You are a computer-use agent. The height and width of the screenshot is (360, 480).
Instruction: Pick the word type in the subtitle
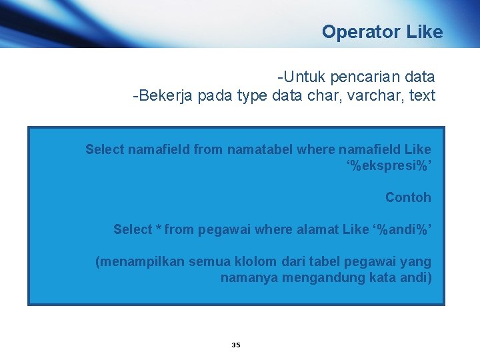pos(251,96)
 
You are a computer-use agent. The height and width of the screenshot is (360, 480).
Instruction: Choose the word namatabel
pos(261,149)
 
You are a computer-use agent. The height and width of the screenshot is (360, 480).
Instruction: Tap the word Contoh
pos(408,197)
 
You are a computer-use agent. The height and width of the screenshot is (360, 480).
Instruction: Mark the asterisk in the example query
pos(158,229)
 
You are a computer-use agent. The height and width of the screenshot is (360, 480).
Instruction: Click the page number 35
pos(235,345)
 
